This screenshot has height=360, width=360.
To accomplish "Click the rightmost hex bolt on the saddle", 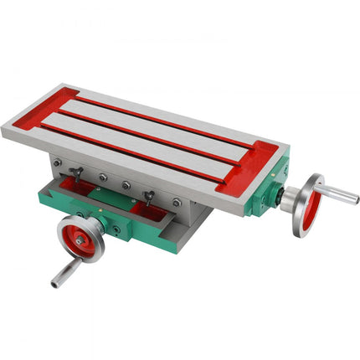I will coord(177,203).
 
